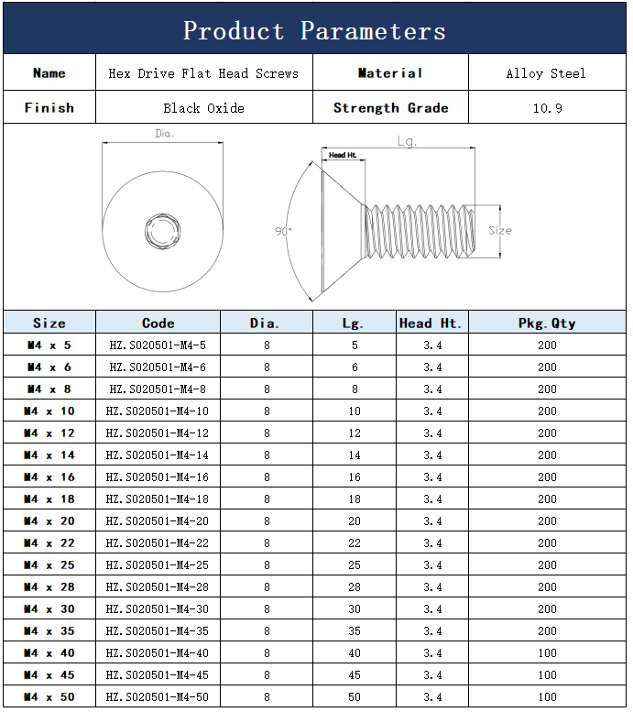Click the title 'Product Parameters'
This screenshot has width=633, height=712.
(x=314, y=31)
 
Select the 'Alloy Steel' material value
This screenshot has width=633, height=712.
(x=546, y=73)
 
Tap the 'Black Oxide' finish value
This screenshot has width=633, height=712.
(x=204, y=108)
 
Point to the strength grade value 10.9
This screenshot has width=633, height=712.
(x=547, y=108)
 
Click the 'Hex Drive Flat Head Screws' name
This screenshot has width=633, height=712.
(x=203, y=73)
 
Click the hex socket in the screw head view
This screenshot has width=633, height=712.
(x=162, y=231)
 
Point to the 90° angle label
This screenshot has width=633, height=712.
(x=283, y=231)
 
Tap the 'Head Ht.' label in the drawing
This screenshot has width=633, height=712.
(x=343, y=155)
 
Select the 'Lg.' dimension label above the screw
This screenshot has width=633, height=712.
(x=407, y=141)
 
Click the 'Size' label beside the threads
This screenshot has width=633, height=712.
(x=500, y=230)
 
